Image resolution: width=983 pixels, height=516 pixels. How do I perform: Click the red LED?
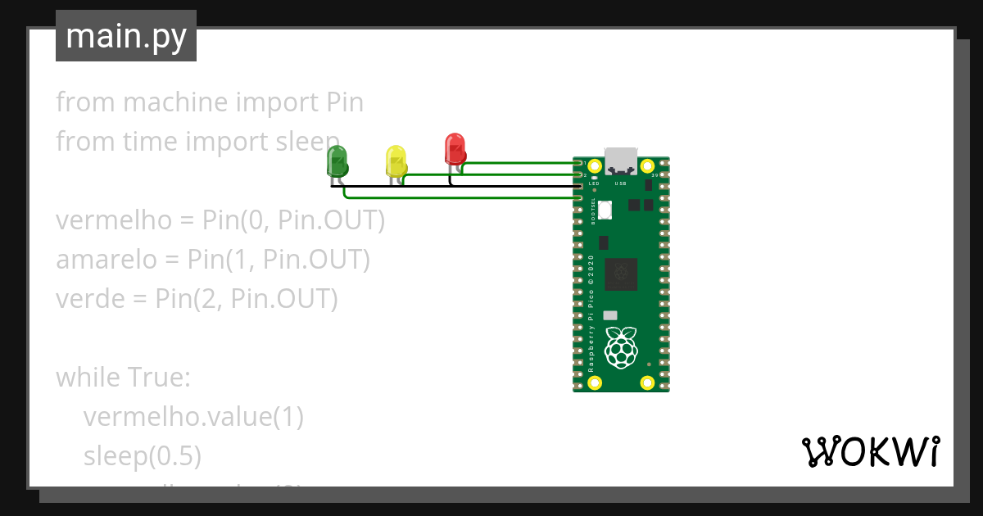(455, 149)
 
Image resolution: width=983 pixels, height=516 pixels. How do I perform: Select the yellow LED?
(396, 161)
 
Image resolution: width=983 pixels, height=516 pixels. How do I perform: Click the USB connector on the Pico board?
(621, 161)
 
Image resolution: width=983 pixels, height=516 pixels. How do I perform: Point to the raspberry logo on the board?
(621, 347)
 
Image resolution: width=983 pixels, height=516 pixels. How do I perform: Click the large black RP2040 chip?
(621, 274)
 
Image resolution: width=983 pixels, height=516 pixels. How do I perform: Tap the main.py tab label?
(126, 37)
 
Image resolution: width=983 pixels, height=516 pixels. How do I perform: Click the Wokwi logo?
(869, 451)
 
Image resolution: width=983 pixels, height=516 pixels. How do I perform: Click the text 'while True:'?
(123, 378)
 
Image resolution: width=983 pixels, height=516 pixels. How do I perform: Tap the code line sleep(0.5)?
(143, 456)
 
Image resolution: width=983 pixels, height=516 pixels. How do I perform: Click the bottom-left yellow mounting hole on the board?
(596, 382)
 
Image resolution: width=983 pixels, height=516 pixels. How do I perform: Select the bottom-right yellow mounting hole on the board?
(647, 382)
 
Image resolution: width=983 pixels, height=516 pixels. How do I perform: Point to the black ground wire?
(491, 187)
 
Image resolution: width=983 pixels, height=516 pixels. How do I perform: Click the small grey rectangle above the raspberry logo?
(609, 315)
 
